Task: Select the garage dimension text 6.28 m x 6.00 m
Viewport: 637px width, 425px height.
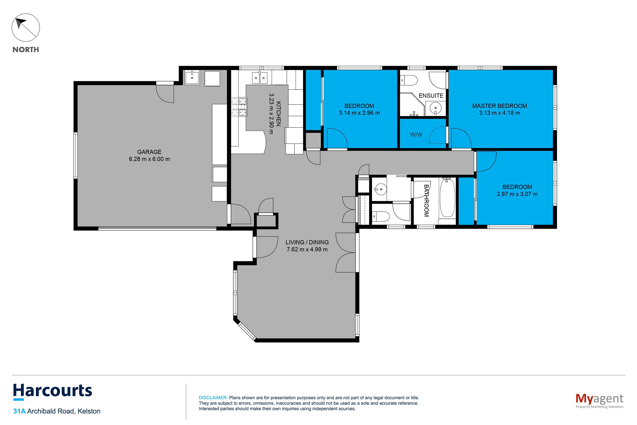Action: coord(149,159)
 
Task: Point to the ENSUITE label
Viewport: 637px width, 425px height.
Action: coord(431,96)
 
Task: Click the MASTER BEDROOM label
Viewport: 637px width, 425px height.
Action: coord(499,106)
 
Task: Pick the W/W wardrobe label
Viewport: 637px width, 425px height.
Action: coord(416,135)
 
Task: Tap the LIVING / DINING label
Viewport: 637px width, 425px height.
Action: coord(307,242)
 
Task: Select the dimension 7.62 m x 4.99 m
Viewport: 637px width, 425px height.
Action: coord(307,249)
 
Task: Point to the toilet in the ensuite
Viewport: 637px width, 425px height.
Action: coord(409,81)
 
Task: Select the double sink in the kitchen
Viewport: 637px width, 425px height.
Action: coord(260,78)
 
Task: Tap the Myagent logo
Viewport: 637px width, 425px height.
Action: coord(599,401)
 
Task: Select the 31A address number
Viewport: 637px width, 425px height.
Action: coord(19,411)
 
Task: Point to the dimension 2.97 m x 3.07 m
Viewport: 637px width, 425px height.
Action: coord(517,194)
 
